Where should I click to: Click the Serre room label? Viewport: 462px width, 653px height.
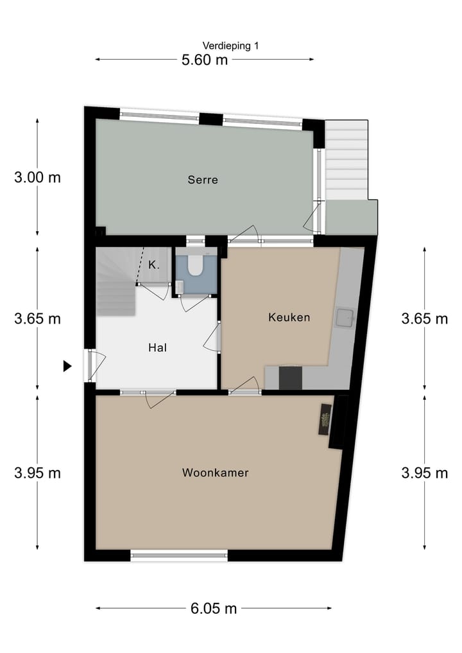click(203, 180)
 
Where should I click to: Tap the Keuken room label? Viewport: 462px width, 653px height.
click(289, 317)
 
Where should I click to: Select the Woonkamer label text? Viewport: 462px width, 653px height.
click(215, 473)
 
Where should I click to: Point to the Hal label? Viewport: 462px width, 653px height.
click(157, 347)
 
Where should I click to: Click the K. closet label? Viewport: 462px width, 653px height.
click(154, 265)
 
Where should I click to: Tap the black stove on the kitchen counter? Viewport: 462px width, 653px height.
click(291, 377)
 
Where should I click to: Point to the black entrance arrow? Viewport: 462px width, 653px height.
click(67, 366)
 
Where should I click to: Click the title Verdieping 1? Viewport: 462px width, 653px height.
click(230, 46)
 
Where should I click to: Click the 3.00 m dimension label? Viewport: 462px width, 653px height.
click(37, 178)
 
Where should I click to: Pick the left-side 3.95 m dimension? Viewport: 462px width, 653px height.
click(37, 473)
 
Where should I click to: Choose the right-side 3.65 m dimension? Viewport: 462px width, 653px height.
click(424, 318)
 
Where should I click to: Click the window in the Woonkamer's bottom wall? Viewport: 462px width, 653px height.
click(179, 555)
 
